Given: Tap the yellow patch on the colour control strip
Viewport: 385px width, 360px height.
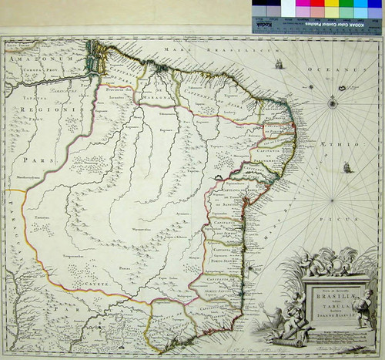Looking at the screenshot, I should (x=330, y=10).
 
